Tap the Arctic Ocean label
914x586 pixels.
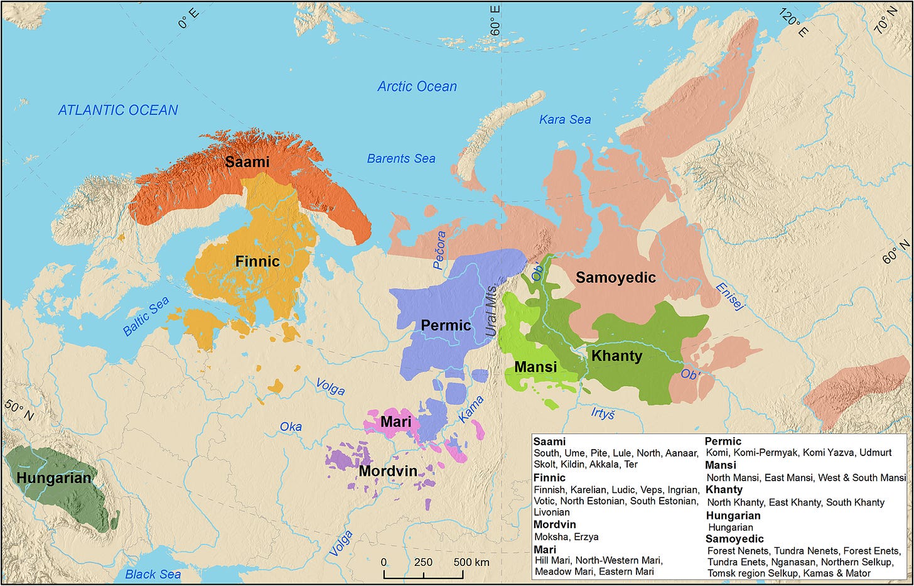[x=417, y=87]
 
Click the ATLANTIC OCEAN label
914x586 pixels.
[x=118, y=110]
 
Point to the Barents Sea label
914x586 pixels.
[x=401, y=159]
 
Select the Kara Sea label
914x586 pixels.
[x=565, y=119]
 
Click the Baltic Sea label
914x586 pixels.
[x=146, y=317]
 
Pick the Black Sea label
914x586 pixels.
[x=153, y=574]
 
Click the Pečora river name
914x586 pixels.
[x=440, y=250]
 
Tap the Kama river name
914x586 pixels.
[x=471, y=409]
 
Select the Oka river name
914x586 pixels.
[x=291, y=427]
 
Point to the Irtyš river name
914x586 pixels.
[x=603, y=413]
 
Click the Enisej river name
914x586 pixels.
[x=730, y=296]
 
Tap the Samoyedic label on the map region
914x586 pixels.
[x=615, y=278]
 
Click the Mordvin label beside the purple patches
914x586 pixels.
[x=388, y=471]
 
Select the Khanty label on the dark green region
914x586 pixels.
[x=616, y=356]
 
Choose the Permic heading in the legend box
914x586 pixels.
[x=723, y=442]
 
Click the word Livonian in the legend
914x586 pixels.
[x=551, y=512]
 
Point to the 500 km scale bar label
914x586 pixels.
[x=471, y=562]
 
